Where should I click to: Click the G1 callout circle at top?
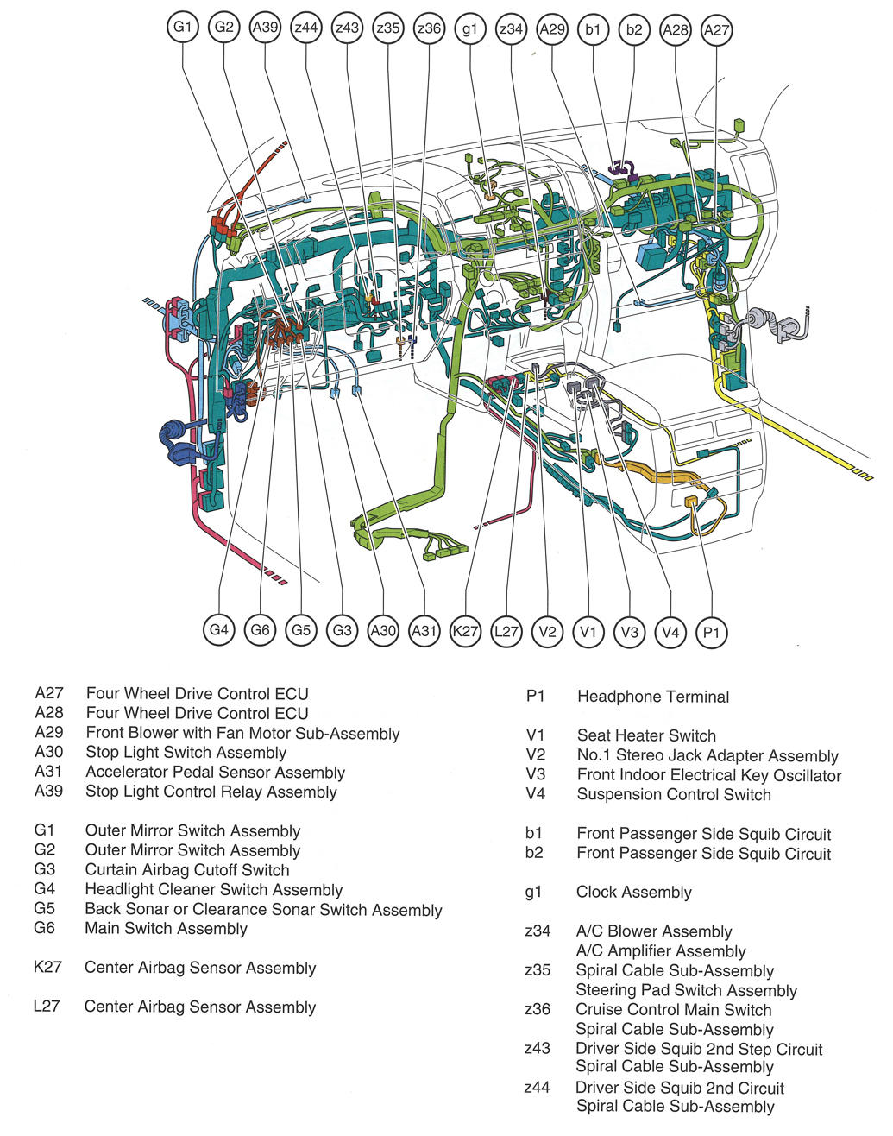pyautogui.click(x=183, y=27)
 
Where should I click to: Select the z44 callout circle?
pyautogui.click(x=306, y=28)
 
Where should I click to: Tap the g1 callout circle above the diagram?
pyautogui.click(x=469, y=28)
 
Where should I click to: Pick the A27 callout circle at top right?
pyautogui.click(x=716, y=29)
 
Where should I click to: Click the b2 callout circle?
pyautogui.click(x=634, y=29)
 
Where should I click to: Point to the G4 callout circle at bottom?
pyautogui.click(x=219, y=629)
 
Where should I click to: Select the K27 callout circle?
pyautogui.click(x=465, y=631)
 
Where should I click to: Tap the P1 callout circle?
pyautogui.click(x=711, y=633)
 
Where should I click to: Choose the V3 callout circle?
pyautogui.click(x=630, y=632)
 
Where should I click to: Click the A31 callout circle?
pyautogui.click(x=424, y=631)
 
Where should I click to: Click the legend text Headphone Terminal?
pyautogui.click(x=652, y=697)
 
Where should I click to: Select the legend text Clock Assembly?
pyautogui.click(x=633, y=893)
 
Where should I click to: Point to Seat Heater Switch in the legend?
pyautogui.click(x=646, y=735)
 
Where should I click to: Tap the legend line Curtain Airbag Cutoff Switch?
pyautogui.click(x=186, y=870)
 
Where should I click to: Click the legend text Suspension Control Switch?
pyautogui.click(x=673, y=794)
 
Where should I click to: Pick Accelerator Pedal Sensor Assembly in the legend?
pyautogui.click(x=215, y=773)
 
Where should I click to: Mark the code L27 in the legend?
pyautogui.click(x=47, y=1007)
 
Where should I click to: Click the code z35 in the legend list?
pyautogui.click(x=537, y=970)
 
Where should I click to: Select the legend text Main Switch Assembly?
pyautogui.click(x=166, y=929)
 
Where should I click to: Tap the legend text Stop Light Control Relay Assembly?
pyautogui.click(x=211, y=792)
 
